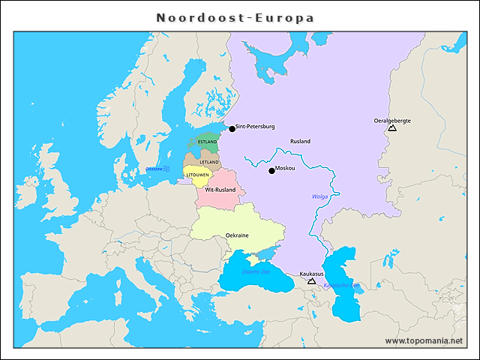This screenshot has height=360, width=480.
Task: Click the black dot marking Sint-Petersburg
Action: coord(232,129)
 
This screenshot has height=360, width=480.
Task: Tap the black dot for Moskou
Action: coord(271,171)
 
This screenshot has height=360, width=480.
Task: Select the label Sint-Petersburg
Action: coord(256,127)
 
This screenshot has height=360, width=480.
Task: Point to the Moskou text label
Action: coord(286,169)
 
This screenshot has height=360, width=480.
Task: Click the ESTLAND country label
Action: coord(208,142)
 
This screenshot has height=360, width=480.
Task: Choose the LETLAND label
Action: coord(209,162)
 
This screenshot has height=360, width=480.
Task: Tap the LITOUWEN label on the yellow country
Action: coord(199,175)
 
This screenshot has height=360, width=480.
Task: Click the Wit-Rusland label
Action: coord(220,190)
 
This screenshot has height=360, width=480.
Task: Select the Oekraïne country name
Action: coord(237,235)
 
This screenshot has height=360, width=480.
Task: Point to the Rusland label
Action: coord(300,141)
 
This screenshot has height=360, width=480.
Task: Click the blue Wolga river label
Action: coord(320,196)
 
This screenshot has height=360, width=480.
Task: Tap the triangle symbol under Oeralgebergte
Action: coord(391,129)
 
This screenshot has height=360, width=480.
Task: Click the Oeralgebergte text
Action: coord(391,120)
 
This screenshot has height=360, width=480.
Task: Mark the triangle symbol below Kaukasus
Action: coord(311,282)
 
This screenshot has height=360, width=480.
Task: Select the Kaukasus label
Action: coord(311,274)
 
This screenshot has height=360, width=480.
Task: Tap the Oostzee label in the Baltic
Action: coord(154,169)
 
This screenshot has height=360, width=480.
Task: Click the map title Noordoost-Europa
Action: coord(235,17)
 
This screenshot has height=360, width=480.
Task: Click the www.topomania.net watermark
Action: coord(424,341)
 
